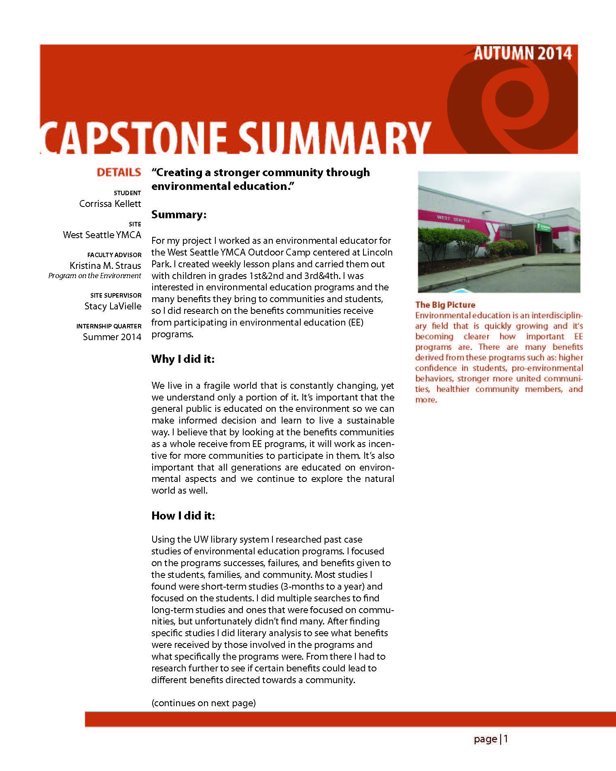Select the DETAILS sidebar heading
119,173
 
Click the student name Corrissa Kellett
110,204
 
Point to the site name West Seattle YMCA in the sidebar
102,235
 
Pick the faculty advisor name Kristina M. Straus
105,266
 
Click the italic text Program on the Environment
95,276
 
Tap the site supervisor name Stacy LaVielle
113,306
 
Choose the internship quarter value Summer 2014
112,337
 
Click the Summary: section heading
179,215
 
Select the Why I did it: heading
183,359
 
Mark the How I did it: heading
183,515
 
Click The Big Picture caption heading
445,305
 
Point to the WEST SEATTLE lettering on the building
453,219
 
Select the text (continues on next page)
204,703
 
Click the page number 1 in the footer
506,739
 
